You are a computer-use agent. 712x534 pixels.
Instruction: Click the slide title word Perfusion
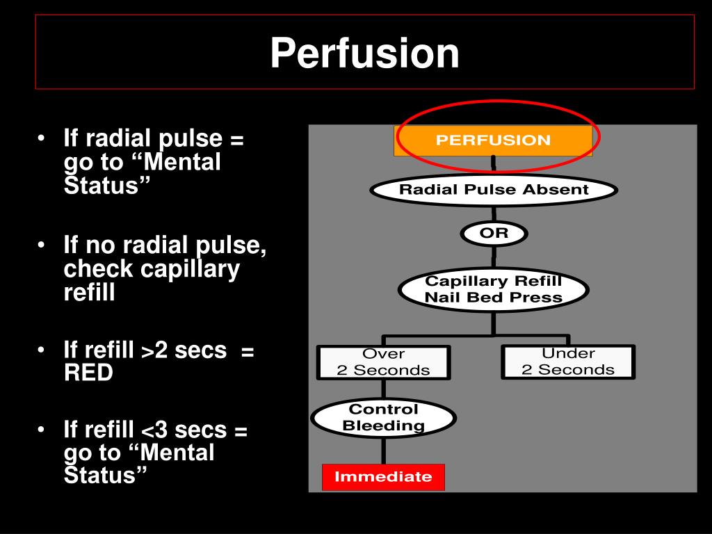[x=364, y=54]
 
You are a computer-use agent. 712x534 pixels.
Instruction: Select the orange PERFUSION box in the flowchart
[x=493, y=140]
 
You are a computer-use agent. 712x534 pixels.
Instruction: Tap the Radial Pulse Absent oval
[x=493, y=190]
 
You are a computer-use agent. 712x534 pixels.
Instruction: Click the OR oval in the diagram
[x=494, y=234]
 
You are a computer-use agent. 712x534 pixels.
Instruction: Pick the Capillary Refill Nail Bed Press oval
[x=493, y=289]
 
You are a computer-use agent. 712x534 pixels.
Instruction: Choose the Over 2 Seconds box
[x=383, y=362]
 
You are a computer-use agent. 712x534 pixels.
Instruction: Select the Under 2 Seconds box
[x=567, y=362]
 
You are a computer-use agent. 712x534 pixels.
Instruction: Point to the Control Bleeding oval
[x=383, y=417]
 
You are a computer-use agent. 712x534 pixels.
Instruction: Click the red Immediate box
[x=383, y=477]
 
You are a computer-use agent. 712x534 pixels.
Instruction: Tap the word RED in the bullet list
[x=88, y=373]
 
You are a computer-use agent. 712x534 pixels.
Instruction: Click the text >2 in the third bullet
[x=155, y=351]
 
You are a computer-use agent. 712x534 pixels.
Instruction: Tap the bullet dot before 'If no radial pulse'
[x=43, y=245]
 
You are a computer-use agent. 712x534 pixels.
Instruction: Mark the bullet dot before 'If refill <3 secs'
[x=43, y=430]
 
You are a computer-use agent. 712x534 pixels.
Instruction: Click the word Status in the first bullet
[x=106, y=185]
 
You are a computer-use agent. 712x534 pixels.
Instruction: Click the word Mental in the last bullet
[x=177, y=453]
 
